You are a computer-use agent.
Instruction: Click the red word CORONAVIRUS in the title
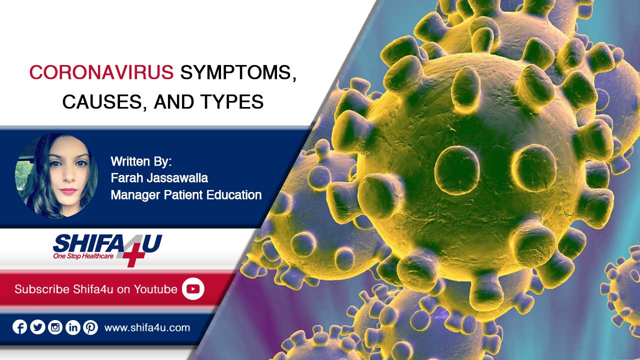pyautogui.click(x=101, y=72)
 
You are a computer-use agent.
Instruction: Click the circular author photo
pyautogui.click(x=56, y=176)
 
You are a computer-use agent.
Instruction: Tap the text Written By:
pyautogui.click(x=141, y=161)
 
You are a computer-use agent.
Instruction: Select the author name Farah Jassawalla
pyautogui.click(x=159, y=177)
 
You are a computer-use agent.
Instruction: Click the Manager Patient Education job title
pyautogui.click(x=186, y=195)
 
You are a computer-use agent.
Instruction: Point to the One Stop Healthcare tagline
pyautogui.click(x=83, y=256)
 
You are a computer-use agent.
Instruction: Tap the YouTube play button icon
pyautogui.click(x=193, y=289)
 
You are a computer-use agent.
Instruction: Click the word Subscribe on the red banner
pyautogui.click(x=42, y=289)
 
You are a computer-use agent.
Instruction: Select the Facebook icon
pyautogui.click(x=19, y=327)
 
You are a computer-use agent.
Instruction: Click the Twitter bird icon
pyautogui.click(x=37, y=327)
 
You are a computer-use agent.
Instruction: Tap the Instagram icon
pyautogui.click(x=55, y=327)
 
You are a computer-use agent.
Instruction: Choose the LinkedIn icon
pyautogui.click(x=73, y=327)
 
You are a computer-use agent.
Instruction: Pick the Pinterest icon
pyautogui.click(x=90, y=327)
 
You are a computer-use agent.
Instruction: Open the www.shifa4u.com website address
pyautogui.click(x=147, y=327)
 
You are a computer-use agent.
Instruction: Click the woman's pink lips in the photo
pyautogui.click(x=68, y=191)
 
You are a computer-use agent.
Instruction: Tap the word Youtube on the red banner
pyautogui.click(x=155, y=289)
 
